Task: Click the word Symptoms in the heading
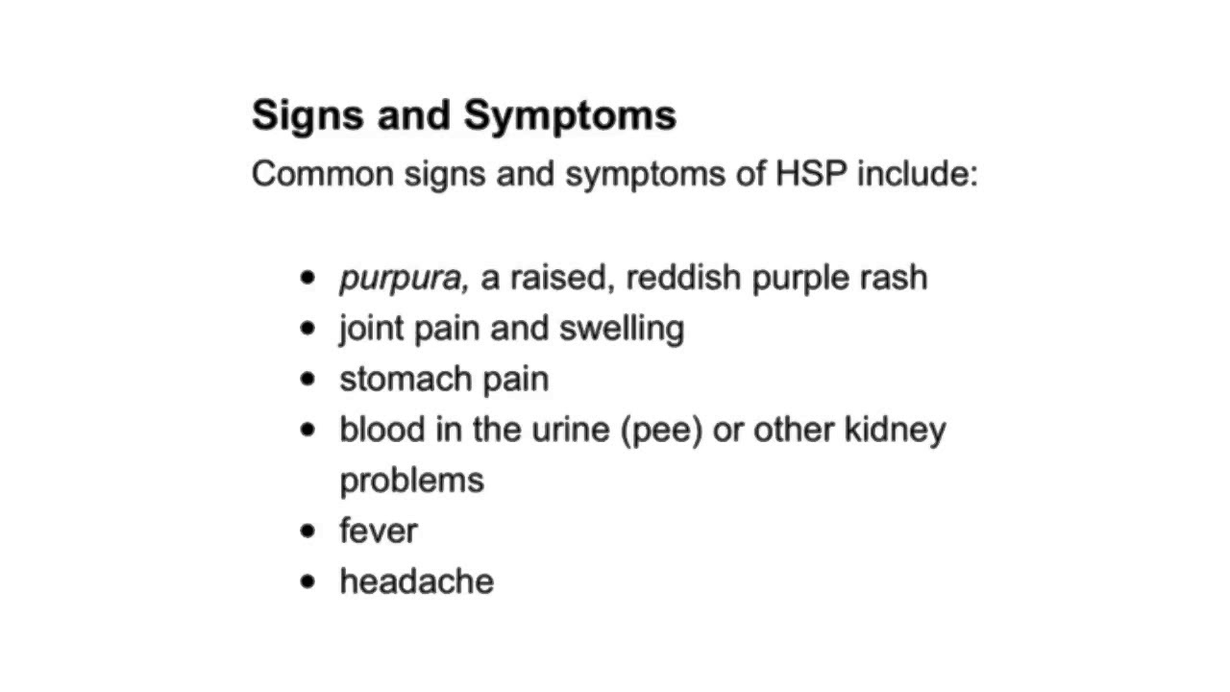pos(570,116)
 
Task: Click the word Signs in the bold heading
pos(307,116)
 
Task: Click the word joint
pos(372,329)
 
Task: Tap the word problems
pos(411,481)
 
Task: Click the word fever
pos(378,531)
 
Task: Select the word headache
pos(416,581)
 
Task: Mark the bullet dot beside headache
pos(307,581)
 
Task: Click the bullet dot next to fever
pos(307,531)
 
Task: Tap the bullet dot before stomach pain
pos(307,379)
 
